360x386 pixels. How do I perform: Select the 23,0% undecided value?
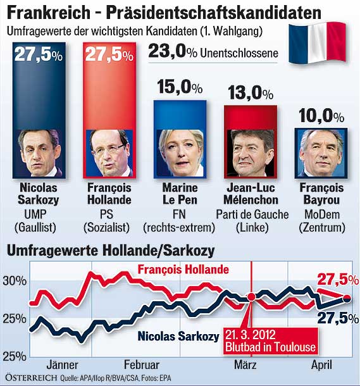(171, 53)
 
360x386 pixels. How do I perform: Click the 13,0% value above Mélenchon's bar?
(251, 94)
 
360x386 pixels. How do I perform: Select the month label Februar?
(141, 364)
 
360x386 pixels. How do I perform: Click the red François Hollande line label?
(183, 270)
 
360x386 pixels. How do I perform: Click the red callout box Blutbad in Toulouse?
(269, 341)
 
